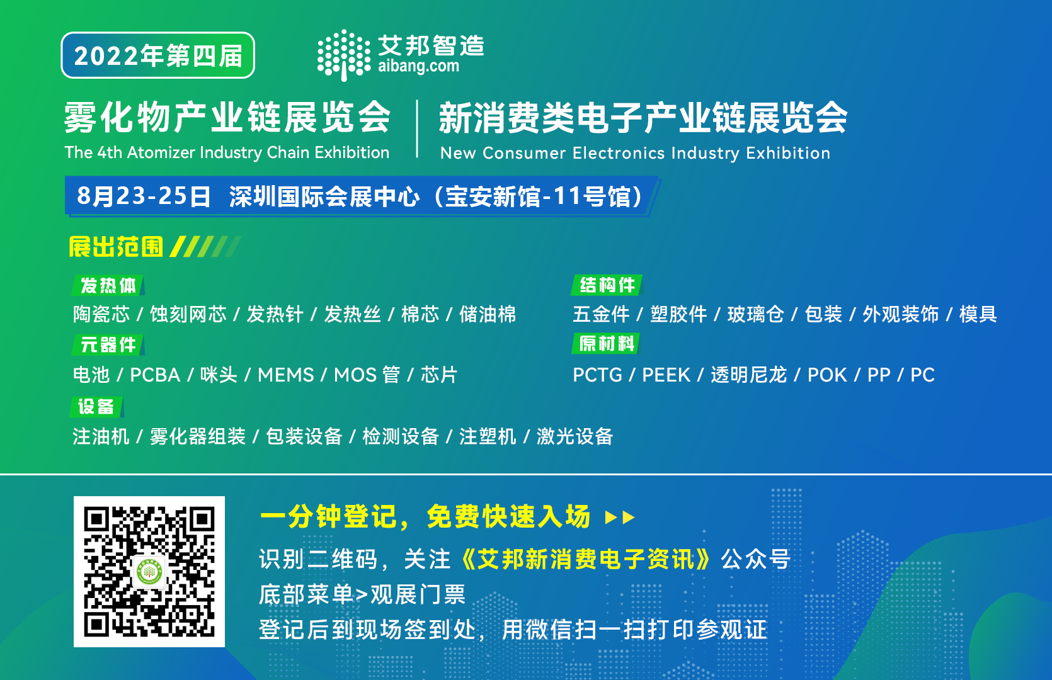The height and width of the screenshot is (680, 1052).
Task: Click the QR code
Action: tap(149, 571)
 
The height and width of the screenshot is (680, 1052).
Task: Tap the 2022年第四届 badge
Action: tap(157, 55)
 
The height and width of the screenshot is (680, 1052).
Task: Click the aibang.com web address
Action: tap(418, 66)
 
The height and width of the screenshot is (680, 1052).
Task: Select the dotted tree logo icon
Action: tap(344, 55)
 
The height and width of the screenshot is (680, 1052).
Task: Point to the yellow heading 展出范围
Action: tap(116, 247)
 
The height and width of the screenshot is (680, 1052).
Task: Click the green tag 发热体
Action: tap(108, 285)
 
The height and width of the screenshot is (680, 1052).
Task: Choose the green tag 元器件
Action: tap(108, 345)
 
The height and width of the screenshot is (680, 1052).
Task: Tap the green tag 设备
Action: tap(96, 406)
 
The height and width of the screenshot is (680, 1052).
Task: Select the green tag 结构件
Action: tap(607, 285)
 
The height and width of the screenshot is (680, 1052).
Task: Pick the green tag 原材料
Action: tap(606, 344)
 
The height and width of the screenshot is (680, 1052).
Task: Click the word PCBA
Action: tap(155, 375)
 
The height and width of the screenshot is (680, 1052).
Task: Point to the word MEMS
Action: tap(285, 375)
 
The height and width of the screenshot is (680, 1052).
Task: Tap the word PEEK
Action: tap(666, 375)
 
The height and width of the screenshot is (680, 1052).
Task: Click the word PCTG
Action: tap(597, 375)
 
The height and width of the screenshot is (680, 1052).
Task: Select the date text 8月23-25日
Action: tap(144, 196)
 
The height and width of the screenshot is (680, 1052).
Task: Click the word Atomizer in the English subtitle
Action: tap(161, 152)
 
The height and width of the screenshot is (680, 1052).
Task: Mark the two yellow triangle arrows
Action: tap(620, 518)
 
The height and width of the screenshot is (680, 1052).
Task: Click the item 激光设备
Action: tap(575, 436)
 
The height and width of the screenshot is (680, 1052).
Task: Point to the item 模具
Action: tap(978, 314)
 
